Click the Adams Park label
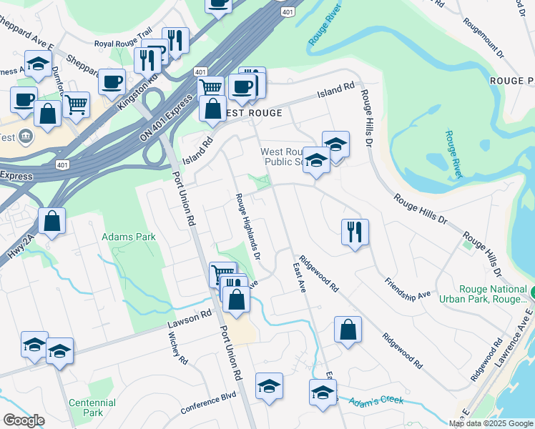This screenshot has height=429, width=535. pos(119,236)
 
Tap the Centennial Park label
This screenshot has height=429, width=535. pos(92,408)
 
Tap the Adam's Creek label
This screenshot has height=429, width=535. pos(376,400)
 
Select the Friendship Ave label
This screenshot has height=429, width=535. pos(408,290)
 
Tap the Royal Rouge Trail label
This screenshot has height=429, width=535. pos(124,44)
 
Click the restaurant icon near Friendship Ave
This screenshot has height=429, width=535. pos(355,232)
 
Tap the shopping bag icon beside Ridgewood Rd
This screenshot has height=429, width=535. pos(348,330)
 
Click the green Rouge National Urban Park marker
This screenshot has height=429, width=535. pos(532,292)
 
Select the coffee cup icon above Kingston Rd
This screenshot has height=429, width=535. pos(112,82)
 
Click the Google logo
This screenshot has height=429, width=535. pos(24,421)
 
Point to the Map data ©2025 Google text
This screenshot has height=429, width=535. pos(491,423)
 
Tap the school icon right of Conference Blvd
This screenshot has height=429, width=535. pos(269,387)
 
